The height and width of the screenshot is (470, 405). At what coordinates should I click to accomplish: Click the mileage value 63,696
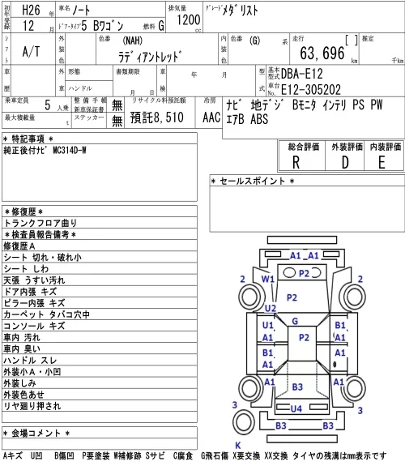coord(322,53)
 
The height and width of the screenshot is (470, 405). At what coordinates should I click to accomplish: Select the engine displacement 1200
coord(189,20)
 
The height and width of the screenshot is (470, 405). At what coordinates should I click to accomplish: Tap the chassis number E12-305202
coord(311,89)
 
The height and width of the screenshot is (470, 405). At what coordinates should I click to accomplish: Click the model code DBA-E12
coord(301,74)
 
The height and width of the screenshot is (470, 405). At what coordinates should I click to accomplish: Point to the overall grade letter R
coord(296,163)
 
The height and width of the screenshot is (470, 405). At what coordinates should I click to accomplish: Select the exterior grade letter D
coord(345,163)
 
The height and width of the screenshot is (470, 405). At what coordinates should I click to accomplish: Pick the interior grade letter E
coord(382,163)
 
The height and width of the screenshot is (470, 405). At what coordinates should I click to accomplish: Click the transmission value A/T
coord(31,52)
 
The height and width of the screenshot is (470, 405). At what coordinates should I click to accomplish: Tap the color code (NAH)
coord(132,41)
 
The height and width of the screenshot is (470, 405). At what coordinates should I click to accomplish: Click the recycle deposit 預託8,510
coord(156,117)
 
